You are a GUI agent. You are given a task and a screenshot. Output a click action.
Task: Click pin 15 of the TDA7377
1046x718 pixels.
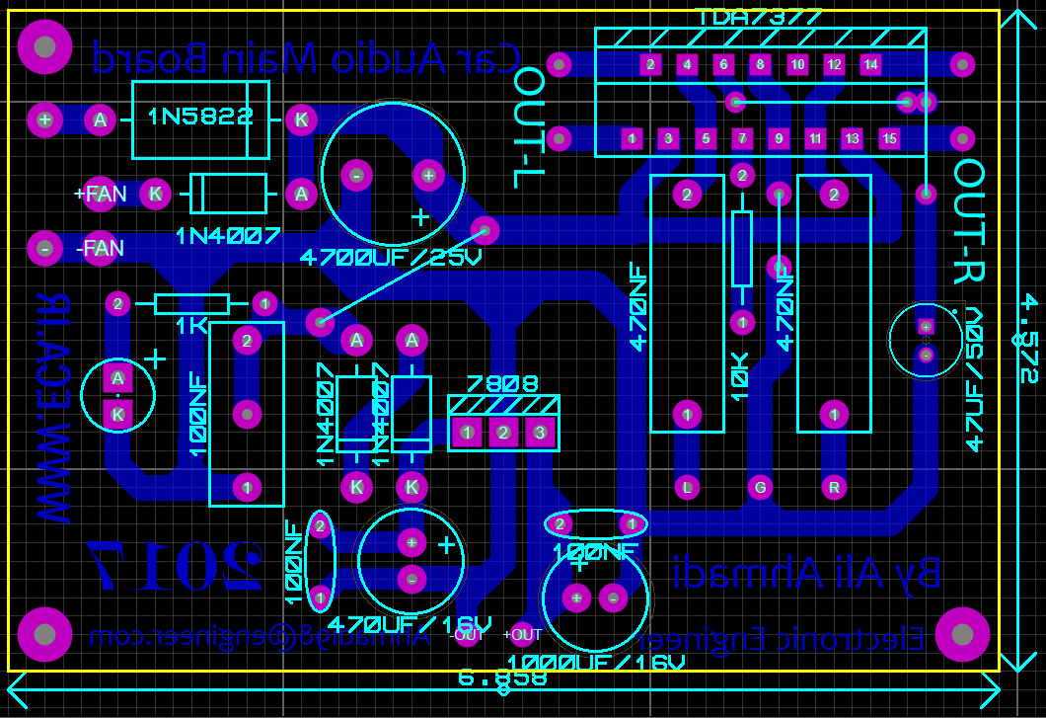click(x=889, y=138)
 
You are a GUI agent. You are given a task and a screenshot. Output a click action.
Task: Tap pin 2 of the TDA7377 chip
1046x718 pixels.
click(x=649, y=65)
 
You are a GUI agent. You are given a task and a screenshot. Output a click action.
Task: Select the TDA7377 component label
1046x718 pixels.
click(x=758, y=17)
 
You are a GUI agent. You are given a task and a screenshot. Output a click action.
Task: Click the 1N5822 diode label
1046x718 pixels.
click(x=200, y=117)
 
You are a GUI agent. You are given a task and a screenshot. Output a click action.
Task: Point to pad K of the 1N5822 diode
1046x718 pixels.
click(x=301, y=120)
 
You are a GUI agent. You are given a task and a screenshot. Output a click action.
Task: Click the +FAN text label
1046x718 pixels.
click(x=101, y=194)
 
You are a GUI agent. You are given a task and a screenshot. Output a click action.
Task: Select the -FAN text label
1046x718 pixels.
click(x=101, y=248)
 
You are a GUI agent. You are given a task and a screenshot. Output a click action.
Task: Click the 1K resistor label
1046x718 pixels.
click(x=191, y=324)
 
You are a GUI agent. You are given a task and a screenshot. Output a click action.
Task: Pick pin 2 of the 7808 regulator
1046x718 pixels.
click(x=503, y=432)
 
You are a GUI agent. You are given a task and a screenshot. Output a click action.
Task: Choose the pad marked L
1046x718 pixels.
click(x=687, y=486)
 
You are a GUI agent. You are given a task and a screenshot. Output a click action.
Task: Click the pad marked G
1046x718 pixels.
click(x=760, y=486)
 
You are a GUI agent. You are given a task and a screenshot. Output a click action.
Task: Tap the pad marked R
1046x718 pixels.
click(x=835, y=486)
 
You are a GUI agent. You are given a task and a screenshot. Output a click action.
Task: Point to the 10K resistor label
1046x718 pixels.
click(x=741, y=376)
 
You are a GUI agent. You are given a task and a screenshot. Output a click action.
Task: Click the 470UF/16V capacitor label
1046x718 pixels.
click(x=409, y=624)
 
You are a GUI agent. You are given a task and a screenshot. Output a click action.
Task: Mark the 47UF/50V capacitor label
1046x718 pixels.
click(x=975, y=378)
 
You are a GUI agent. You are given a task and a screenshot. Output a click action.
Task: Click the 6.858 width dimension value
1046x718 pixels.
click(x=502, y=678)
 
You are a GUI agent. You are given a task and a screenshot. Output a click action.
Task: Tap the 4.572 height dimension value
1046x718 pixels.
click(x=1028, y=337)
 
